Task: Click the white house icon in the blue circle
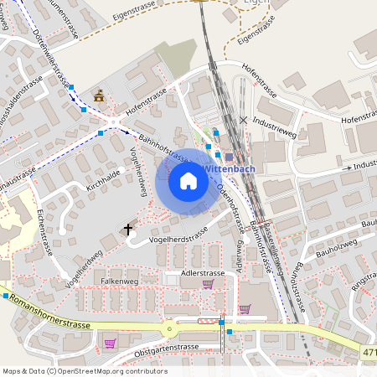point(188,180)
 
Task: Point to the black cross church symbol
point(128,229)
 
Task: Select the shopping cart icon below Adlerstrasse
point(208,284)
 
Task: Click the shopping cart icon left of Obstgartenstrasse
point(110,343)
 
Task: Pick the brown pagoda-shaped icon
point(100,96)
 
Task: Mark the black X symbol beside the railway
point(243,120)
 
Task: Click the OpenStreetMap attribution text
point(85,371)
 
